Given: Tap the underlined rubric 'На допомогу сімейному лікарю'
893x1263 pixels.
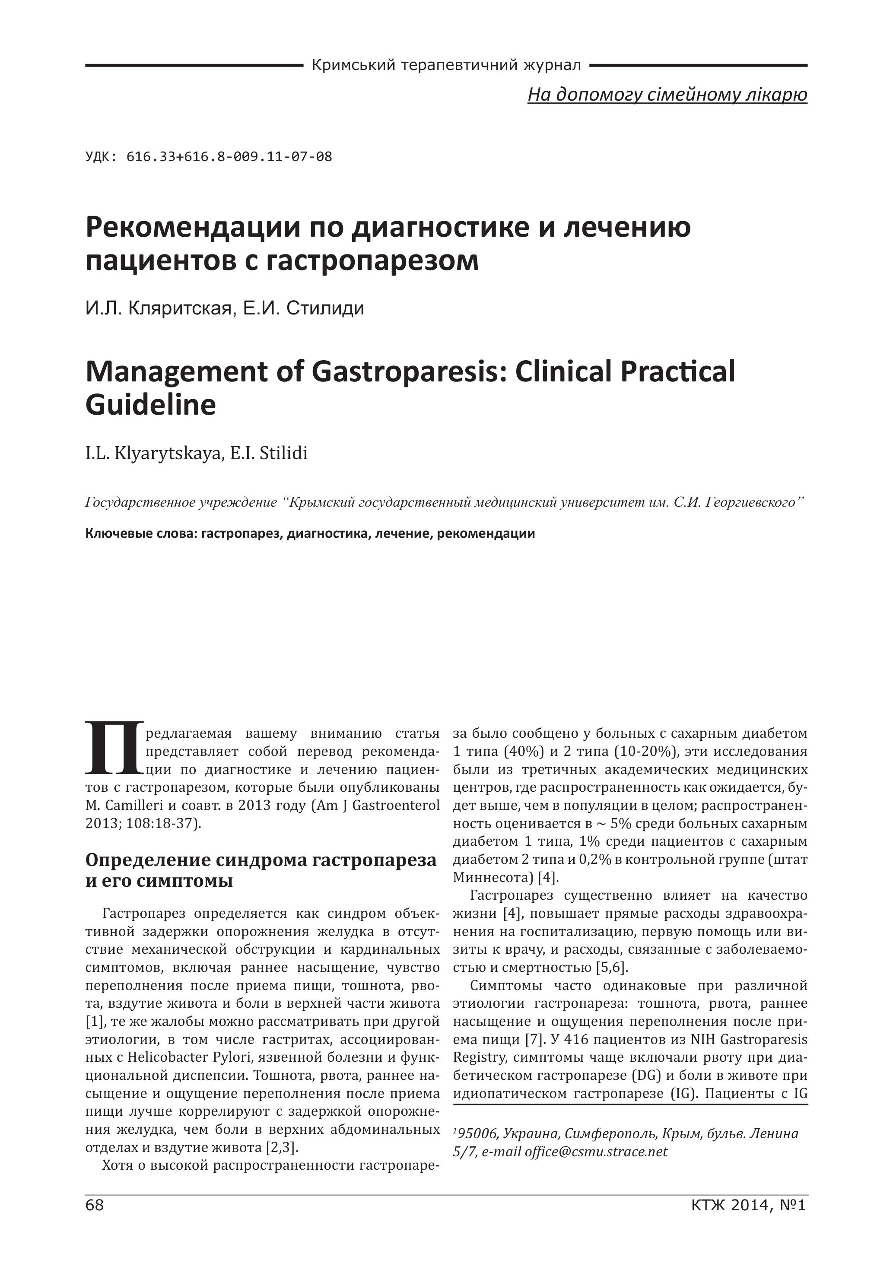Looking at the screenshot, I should point(667,95).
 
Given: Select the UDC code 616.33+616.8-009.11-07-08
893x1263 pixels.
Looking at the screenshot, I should point(229,157).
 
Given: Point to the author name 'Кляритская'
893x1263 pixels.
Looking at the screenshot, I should point(179,308).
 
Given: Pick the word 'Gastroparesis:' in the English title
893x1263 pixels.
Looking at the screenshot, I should point(405,372).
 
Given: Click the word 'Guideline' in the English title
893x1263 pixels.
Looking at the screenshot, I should point(150,406).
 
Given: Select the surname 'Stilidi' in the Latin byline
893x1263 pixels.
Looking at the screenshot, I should point(284,454).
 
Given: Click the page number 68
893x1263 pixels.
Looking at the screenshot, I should point(95,1221).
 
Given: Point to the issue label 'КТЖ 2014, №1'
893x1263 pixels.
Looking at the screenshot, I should point(748,1221).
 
